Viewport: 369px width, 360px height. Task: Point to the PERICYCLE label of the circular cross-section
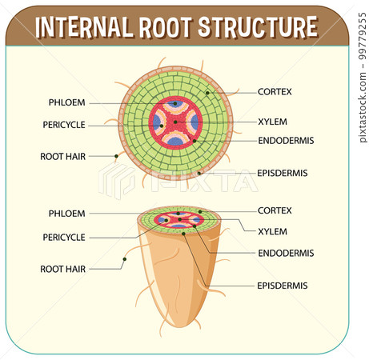point(64,125)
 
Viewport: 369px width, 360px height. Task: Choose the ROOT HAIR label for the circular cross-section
point(63,157)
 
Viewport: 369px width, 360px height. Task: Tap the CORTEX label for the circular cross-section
point(275,92)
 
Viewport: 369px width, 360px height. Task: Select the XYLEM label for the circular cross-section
point(271,122)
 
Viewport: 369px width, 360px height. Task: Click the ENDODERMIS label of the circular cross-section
point(285,140)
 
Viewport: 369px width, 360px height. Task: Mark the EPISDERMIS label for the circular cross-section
point(283,173)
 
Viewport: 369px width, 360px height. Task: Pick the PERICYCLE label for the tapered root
point(64,237)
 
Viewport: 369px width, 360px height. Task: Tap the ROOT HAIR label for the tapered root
point(63,270)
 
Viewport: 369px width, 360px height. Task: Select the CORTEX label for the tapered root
point(275,210)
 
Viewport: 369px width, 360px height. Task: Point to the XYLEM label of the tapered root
point(271,231)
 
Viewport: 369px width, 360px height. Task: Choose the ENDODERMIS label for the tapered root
point(285,253)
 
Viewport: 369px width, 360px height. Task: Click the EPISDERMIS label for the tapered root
point(283,285)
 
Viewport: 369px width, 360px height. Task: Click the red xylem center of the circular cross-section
point(175,122)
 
